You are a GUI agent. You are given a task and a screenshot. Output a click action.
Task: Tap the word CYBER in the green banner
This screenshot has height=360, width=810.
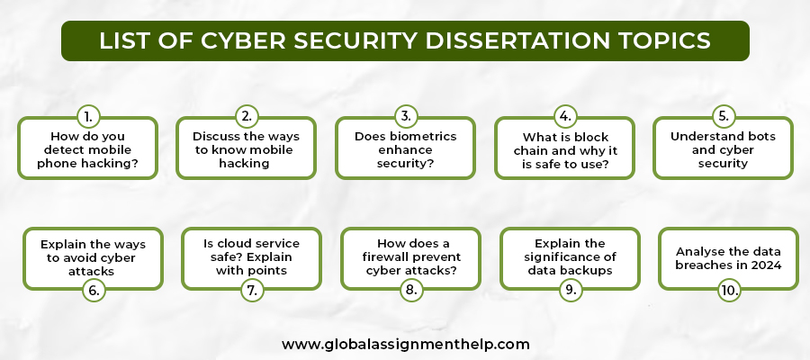pos(243,40)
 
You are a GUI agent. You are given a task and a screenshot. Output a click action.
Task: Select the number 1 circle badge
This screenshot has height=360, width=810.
pos(88,117)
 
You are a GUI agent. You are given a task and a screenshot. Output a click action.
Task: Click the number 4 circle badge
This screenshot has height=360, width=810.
pos(565,117)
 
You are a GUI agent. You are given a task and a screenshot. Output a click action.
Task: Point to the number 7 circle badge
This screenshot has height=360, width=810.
pos(253,291)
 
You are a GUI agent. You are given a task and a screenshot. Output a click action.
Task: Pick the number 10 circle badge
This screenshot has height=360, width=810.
pos(729,291)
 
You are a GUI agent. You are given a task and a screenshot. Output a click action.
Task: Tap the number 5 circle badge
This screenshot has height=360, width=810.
pos(724,117)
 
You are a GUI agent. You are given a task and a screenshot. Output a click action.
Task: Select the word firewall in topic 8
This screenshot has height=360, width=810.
pos(387,256)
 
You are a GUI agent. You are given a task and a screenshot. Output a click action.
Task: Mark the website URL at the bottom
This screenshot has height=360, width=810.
pos(406,344)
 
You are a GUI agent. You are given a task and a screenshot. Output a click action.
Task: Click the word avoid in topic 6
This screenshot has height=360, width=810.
pos(78,257)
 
